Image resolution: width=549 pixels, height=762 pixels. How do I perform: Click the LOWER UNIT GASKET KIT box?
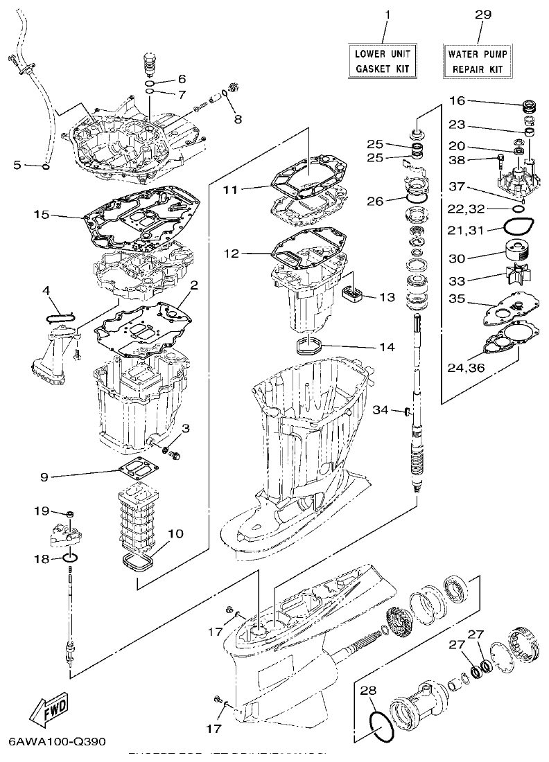click(x=383, y=61)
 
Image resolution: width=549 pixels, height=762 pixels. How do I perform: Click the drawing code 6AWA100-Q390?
click(x=57, y=741)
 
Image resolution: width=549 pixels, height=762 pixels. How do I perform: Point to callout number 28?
click(x=367, y=690)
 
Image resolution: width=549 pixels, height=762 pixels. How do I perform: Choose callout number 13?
click(x=386, y=297)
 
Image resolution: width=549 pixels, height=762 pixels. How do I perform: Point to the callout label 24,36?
click(x=466, y=366)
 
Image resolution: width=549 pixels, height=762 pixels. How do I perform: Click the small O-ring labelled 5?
click(x=45, y=166)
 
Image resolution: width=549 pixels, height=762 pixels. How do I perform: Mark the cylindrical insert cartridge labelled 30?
click(x=516, y=251)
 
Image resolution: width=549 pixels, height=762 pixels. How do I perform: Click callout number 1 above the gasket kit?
click(x=387, y=15)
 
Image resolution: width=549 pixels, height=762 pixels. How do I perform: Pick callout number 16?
click(x=456, y=101)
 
